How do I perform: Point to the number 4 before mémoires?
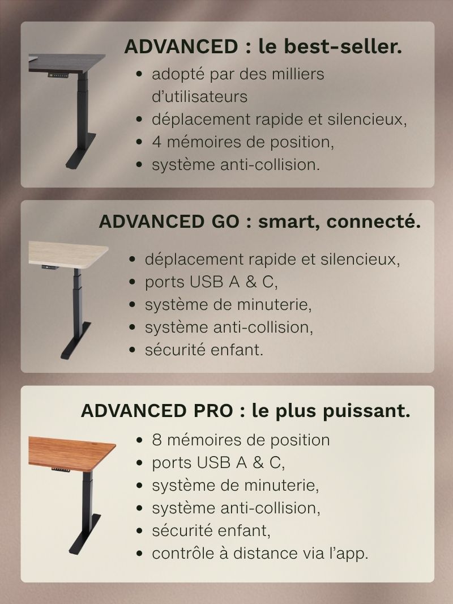click(x=157, y=142)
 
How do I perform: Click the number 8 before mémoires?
click(x=157, y=440)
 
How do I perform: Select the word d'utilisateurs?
click(x=199, y=97)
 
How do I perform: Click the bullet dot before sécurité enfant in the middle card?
click(x=132, y=350)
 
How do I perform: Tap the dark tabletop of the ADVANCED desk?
click(x=71, y=62)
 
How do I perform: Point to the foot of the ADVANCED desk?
click(x=76, y=161)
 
